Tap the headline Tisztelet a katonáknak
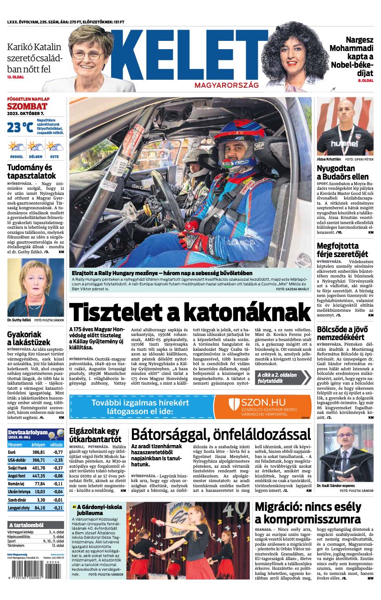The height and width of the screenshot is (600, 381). [x=190, y=311]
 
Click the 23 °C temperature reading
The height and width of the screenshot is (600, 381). [x=20, y=127]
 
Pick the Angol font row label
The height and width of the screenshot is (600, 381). [x=17, y=476]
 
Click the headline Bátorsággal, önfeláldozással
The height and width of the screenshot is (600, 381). [x=221, y=434]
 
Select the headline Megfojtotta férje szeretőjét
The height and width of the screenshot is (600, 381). [x=342, y=250]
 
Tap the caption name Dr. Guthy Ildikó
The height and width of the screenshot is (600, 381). [x=19, y=320]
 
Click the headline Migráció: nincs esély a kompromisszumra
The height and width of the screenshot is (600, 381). [x=308, y=512]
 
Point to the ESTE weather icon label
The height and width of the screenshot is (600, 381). [x=54, y=157]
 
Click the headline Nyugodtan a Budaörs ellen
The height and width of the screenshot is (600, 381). [x=342, y=172]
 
